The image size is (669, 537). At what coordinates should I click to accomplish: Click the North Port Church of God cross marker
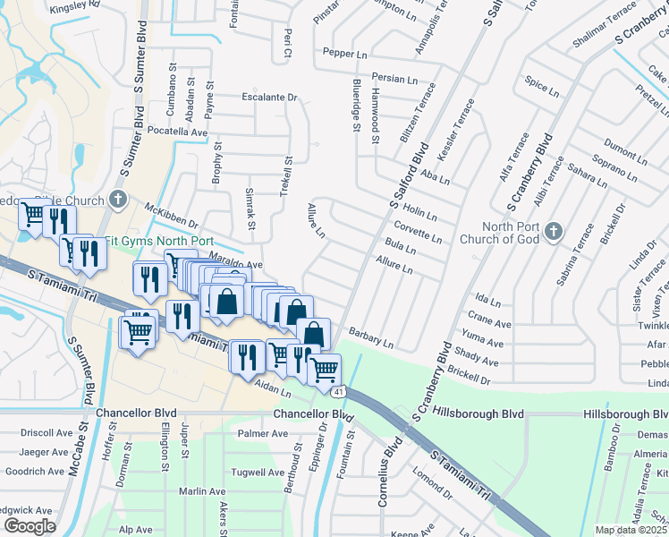point(554,233)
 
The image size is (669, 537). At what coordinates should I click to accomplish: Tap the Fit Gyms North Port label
point(159,241)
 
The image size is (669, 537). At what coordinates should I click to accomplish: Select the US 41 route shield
point(337,391)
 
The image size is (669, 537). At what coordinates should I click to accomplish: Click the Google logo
point(30,525)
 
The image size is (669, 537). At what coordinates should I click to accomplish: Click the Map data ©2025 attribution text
point(631,530)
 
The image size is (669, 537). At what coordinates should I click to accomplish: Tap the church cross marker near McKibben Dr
point(117,199)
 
